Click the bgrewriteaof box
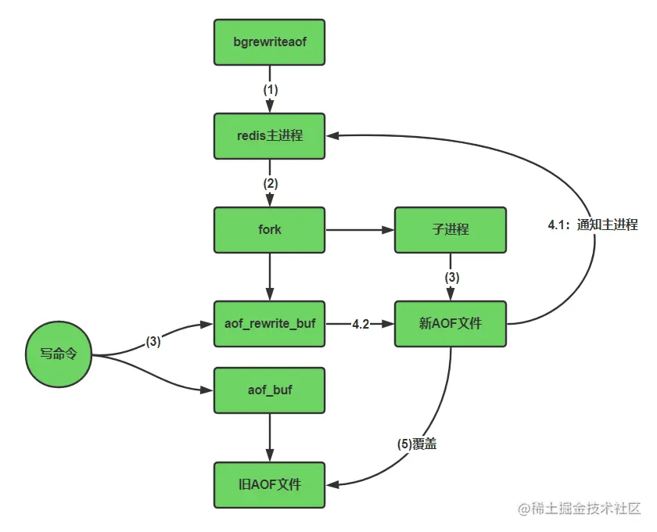point(269,42)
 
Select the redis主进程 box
point(269,135)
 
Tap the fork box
point(269,230)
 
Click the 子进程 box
point(450,230)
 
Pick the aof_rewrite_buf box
point(269,323)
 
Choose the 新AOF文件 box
point(450,323)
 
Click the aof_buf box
point(269,389)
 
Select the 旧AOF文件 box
point(269,484)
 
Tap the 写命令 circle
point(58,354)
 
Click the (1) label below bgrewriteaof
point(270,89)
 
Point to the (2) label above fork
point(270,183)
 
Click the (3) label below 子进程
point(451,277)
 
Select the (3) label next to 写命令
point(153,341)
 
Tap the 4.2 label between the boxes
point(361,324)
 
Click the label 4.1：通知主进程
point(593,225)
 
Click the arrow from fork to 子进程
point(360,230)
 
